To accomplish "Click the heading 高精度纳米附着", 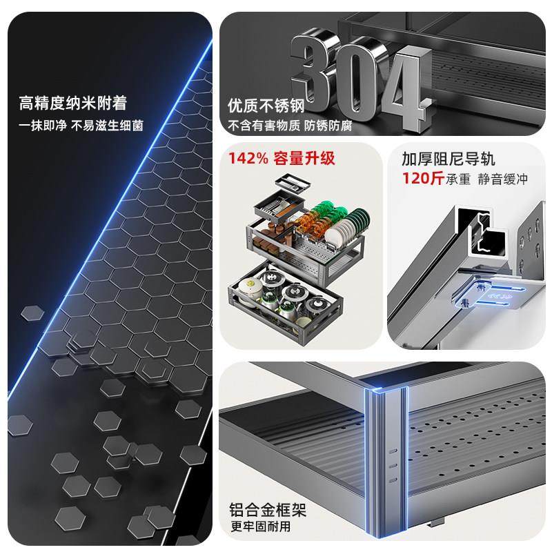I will (x=73, y=104).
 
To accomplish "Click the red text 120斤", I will (x=422, y=179).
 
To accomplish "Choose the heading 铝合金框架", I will (x=268, y=511).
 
